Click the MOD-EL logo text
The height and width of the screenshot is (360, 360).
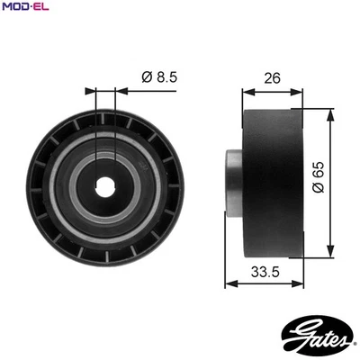pos(24,7)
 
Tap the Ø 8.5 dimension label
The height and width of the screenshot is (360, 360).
pos(159,77)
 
